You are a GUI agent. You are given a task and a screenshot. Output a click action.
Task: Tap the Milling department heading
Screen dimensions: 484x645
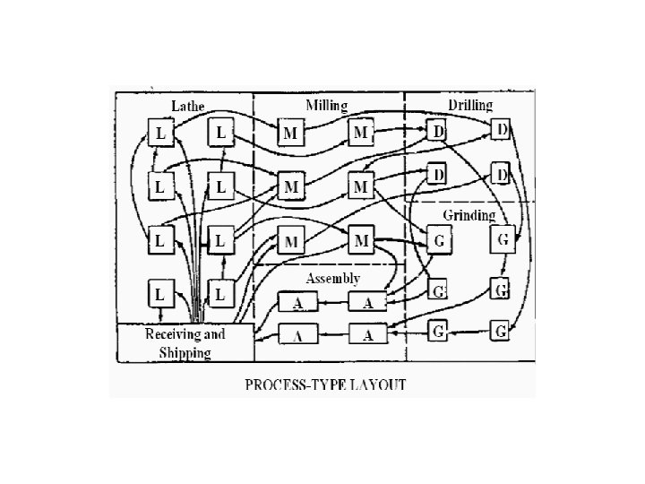(x=327, y=105)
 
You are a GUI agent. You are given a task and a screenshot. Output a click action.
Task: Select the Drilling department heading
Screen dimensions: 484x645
(x=470, y=106)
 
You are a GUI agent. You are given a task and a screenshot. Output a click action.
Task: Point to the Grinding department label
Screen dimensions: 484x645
(x=469, y=215)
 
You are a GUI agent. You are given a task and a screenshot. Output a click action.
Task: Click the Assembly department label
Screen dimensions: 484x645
(x=333, y=280)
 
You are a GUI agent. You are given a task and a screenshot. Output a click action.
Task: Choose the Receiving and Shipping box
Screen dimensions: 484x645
(x=185, y=343)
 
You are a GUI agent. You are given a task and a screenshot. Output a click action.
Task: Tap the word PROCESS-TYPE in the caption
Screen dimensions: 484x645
(x=290, y=385)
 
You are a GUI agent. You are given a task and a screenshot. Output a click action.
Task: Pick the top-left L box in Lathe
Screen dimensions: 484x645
(x=160, y=134)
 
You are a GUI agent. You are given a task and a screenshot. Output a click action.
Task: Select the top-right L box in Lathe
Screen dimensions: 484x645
(x=221, y=134)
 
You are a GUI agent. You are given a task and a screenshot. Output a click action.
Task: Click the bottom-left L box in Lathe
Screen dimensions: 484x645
(x=160, y=292)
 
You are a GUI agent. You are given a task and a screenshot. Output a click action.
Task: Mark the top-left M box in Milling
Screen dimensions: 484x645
(x=290, y=134)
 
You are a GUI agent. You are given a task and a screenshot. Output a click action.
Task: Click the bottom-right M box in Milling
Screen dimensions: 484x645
(x=361, y=240)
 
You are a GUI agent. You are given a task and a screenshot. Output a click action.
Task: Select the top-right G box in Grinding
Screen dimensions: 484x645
(x=503, y=240)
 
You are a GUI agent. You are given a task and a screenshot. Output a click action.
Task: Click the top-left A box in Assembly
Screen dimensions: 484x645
(x=297, y=303)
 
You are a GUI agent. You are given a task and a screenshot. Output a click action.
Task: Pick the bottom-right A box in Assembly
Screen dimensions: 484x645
(x=366, y=335)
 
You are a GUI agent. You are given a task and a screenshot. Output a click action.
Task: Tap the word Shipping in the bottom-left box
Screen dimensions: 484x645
(x=185, y=352)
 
